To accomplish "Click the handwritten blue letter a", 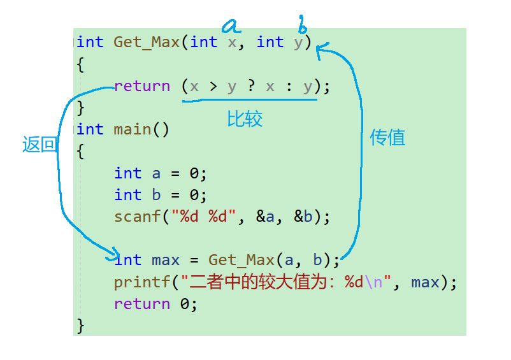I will click(x=231, y=25).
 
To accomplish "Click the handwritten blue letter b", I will click(x=303, y=26).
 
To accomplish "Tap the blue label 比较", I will click(x=245, y=119).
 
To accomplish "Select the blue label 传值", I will click(x=387, y=137).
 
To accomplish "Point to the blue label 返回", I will click(x=40, y=145).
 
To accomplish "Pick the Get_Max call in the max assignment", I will click(x=241, y=260).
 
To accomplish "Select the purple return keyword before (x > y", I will click(x=142, y=86).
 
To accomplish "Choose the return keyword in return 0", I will click(x=142, y=304).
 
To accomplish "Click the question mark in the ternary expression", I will click(x=251, y=86).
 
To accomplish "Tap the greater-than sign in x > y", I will click(x=213, y=86).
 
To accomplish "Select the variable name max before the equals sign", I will click(x=166, y=260).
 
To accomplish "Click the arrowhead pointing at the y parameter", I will click(x=320, y=48).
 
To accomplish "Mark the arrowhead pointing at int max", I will click(x=113, y=255).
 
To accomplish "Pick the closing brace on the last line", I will click(x=80, y=326).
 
